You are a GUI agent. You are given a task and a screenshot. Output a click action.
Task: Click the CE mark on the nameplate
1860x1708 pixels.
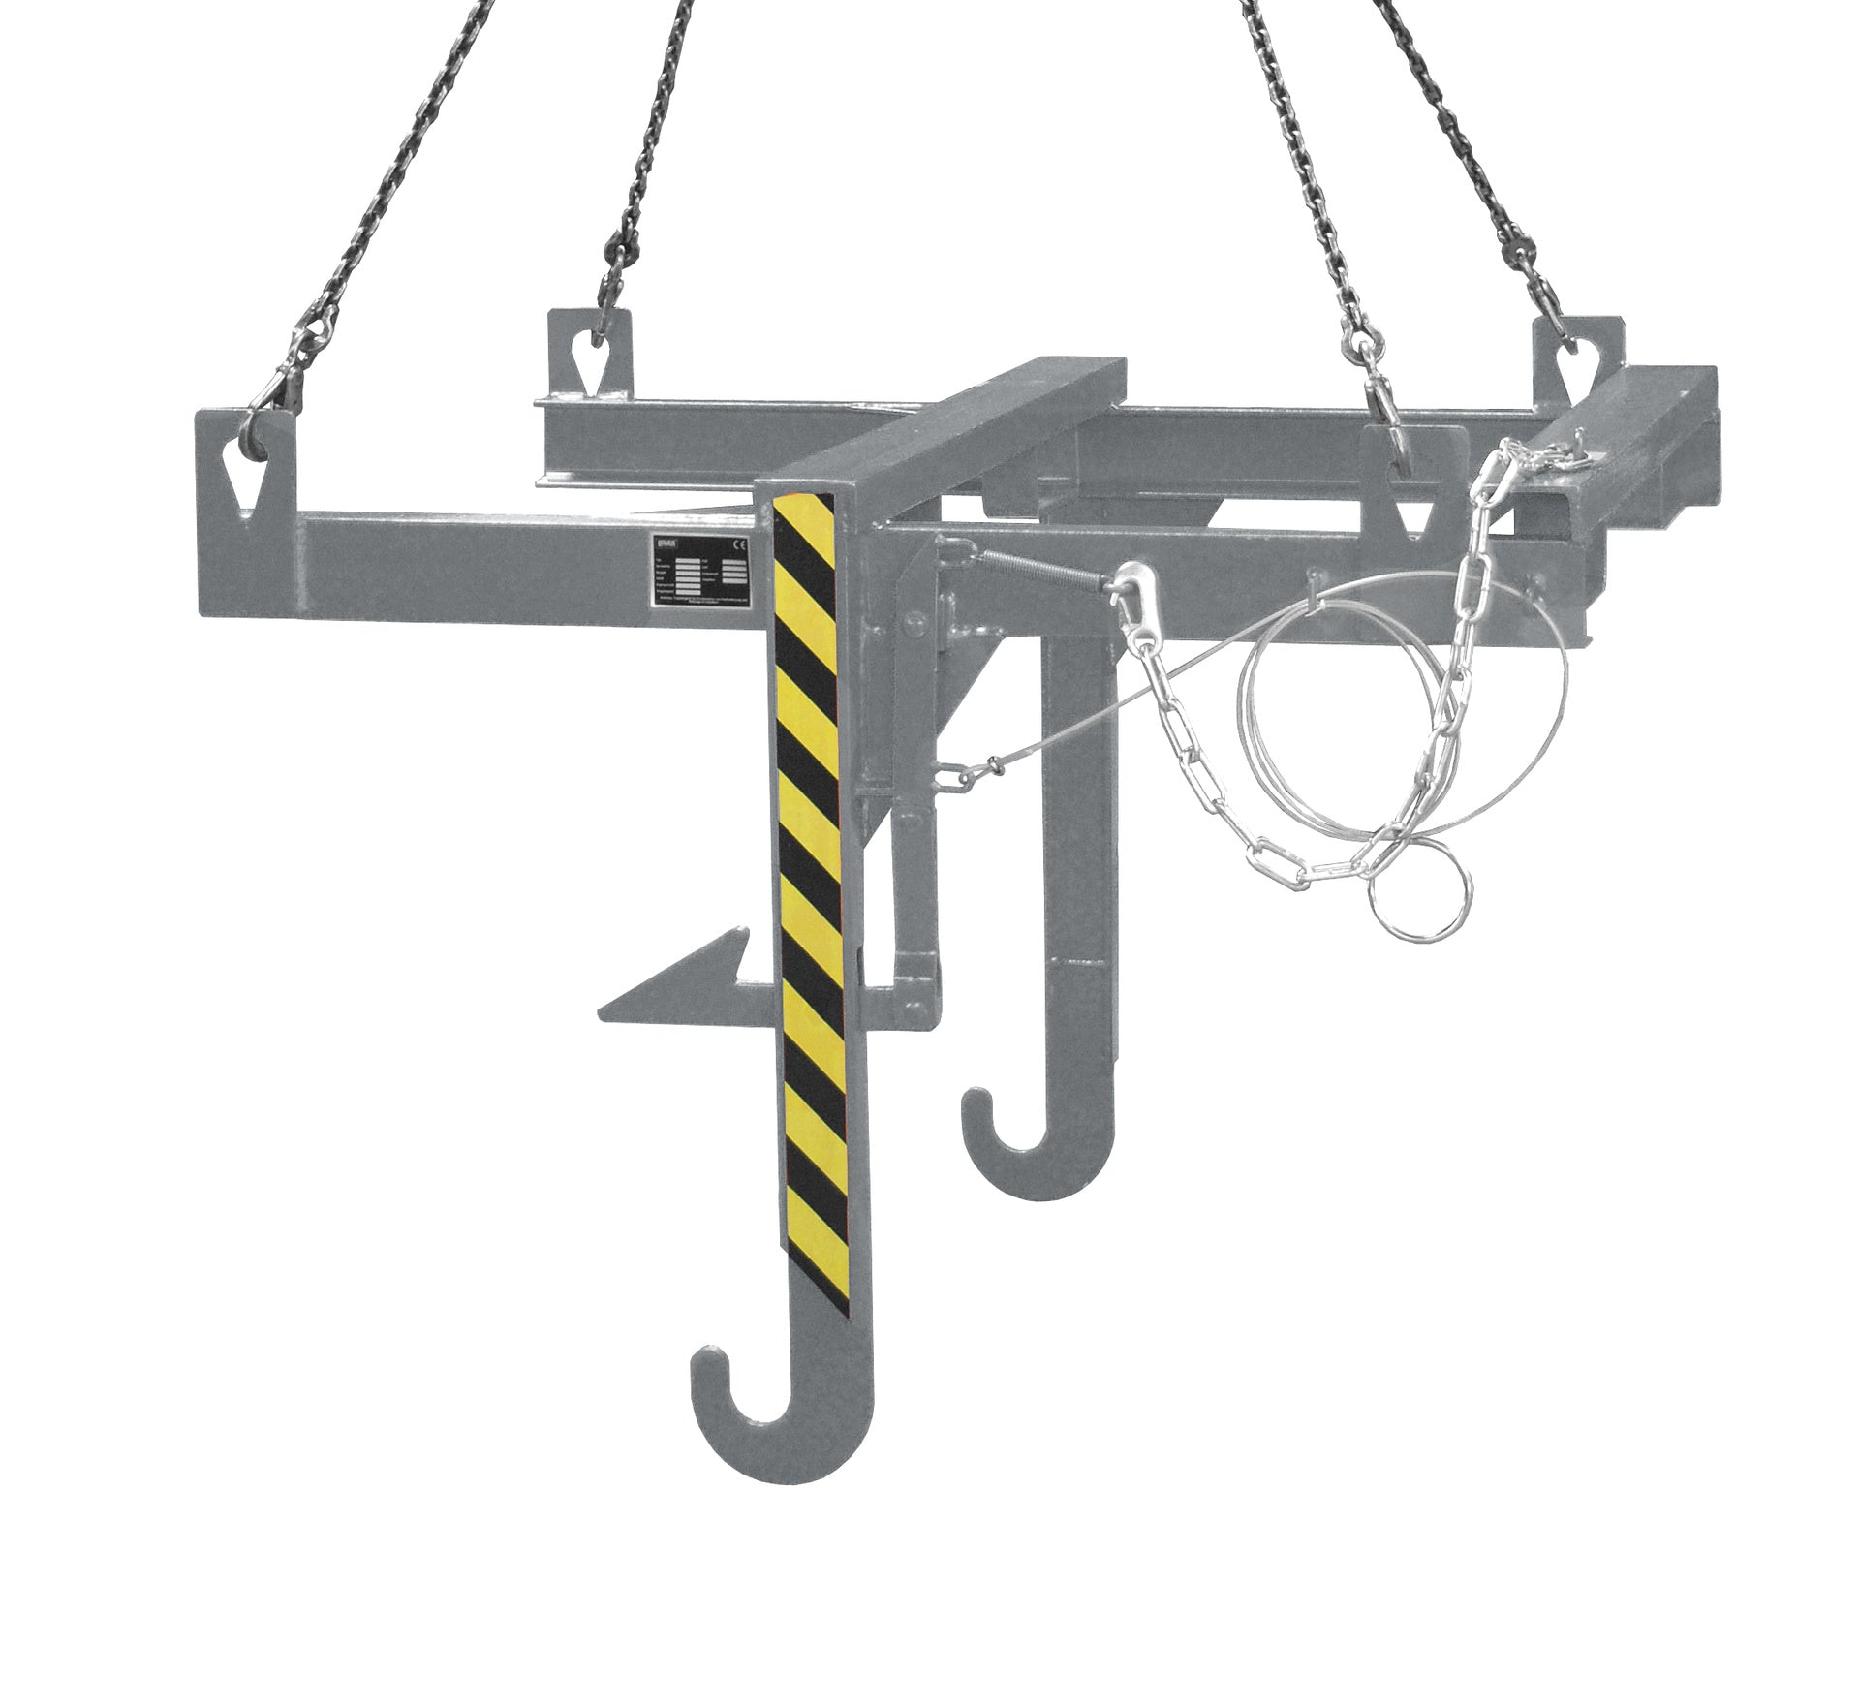point(737,544)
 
